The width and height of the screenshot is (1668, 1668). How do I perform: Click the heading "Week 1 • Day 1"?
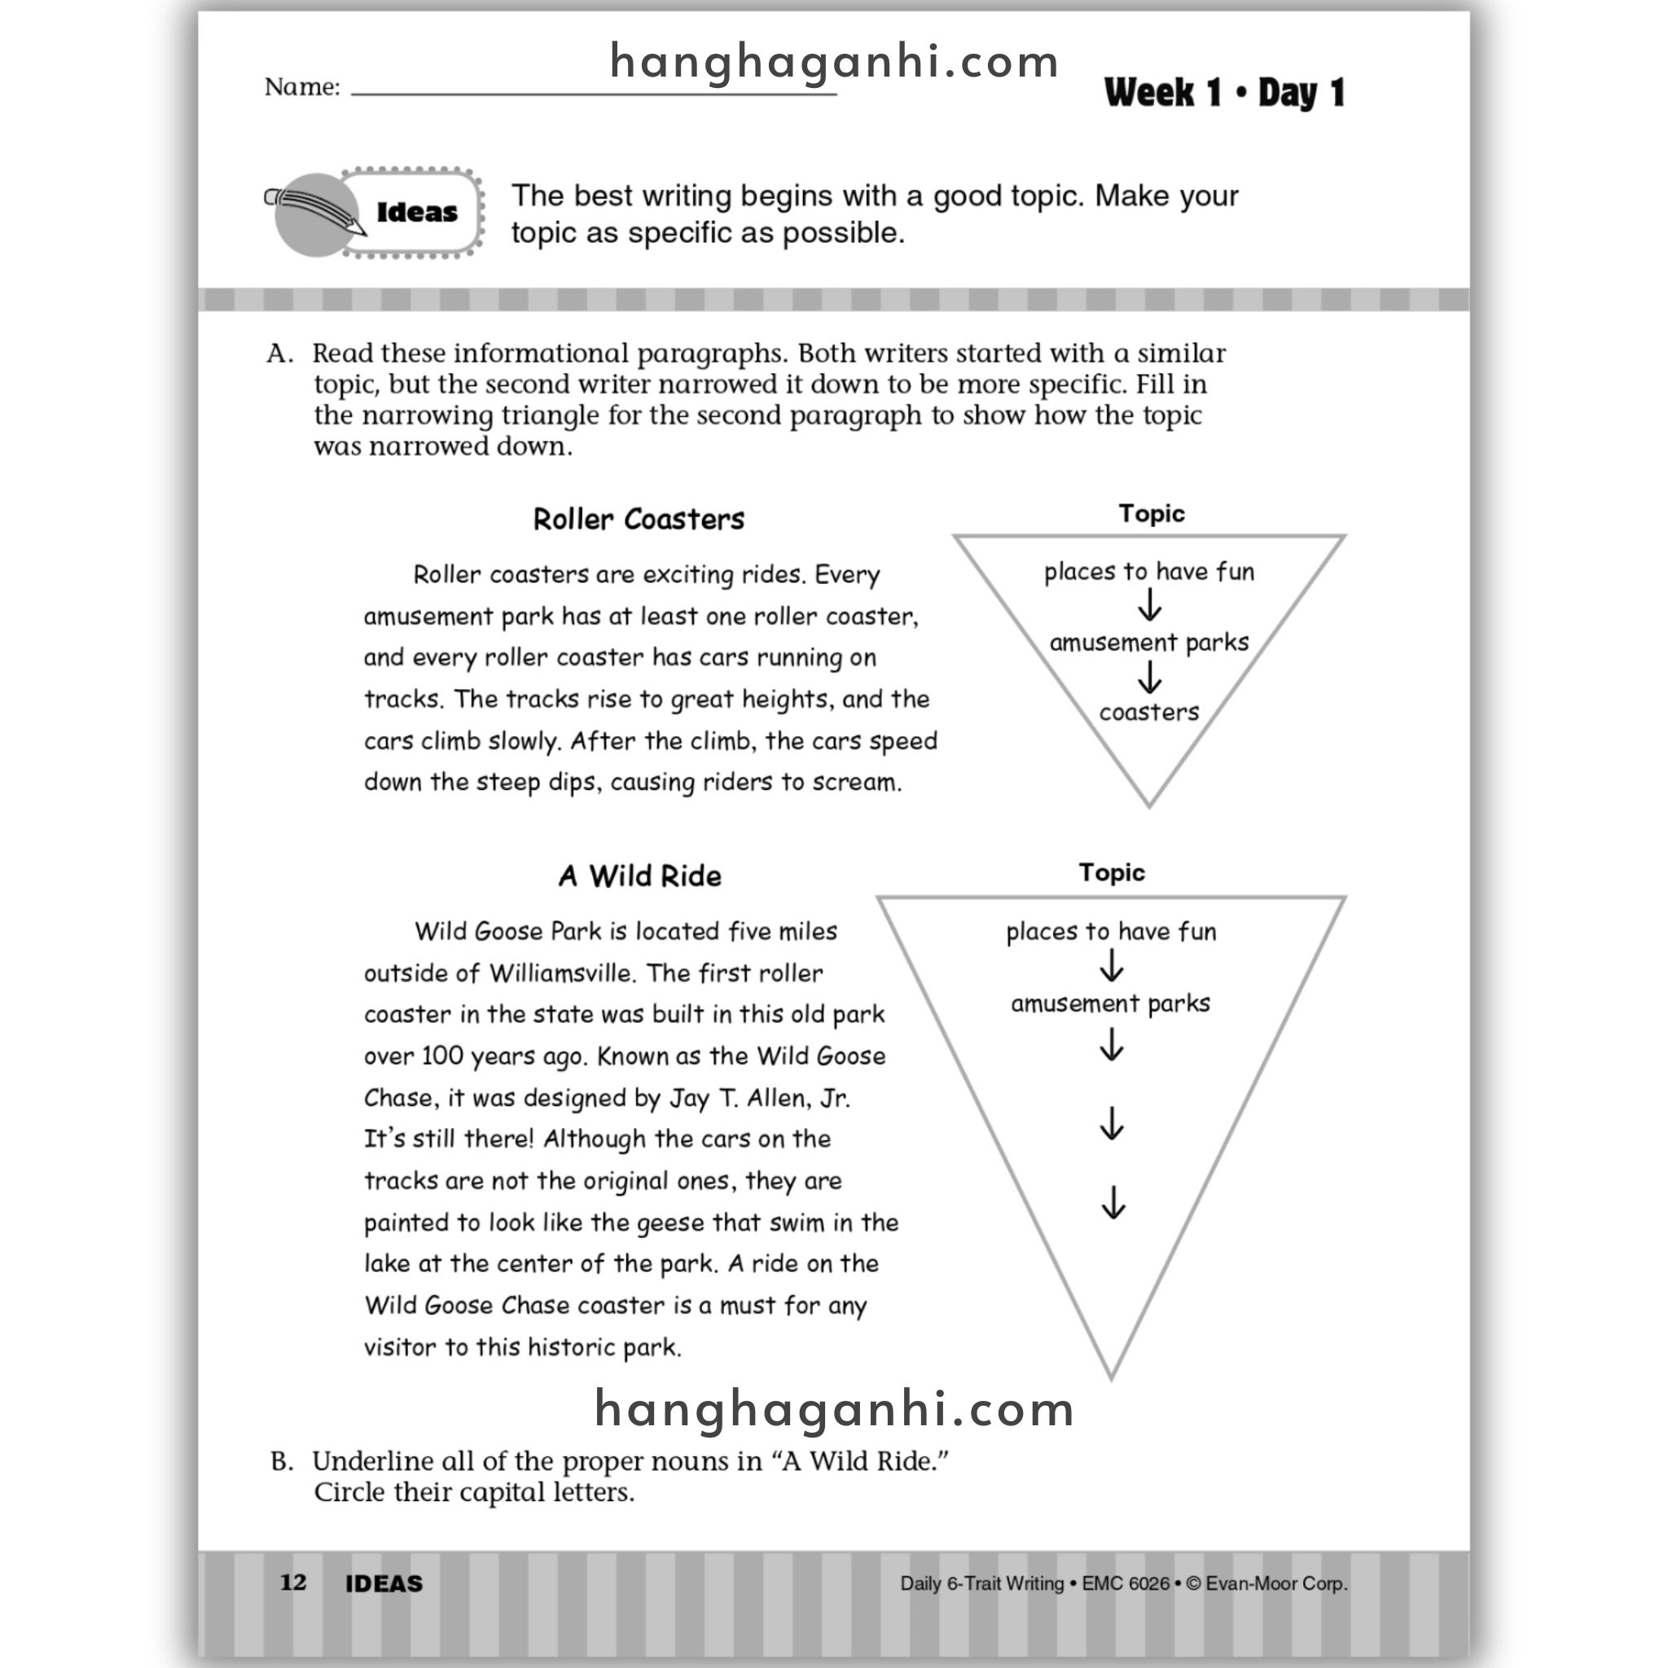[x=1223, y=92]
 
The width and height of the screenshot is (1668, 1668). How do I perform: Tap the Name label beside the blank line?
[x=301, y=87]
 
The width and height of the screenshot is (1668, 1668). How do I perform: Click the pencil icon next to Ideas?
[x=318, y=213]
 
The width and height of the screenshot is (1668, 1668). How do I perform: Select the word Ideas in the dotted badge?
[x=417, y=213]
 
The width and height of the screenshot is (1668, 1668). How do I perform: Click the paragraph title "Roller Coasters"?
[x=638, y=520]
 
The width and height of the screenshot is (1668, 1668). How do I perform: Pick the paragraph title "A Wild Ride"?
[x=639, y=876]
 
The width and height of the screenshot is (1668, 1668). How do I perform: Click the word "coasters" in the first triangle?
[x=1148, y=713]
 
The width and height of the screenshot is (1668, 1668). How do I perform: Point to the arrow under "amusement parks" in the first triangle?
[x=1149, y=678]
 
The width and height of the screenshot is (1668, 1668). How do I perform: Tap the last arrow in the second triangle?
[x=1113, y=1202]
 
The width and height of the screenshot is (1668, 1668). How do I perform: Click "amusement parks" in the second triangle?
[x=1110, y=1004]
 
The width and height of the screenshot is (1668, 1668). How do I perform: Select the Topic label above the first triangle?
[x=1151, y=514]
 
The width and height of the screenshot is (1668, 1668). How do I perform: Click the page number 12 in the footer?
[x=293, y=1582]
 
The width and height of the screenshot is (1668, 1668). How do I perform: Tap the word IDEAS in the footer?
[x=384, y=1583]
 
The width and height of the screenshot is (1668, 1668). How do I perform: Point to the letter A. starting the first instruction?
[x=279, y=354]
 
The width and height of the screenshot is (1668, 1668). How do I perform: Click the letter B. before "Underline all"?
[x=282, y=1462]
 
